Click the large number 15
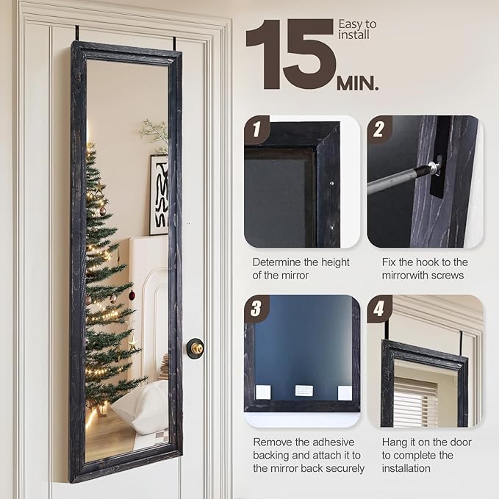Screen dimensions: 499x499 pos(290,54)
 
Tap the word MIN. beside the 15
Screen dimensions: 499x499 pos(358,84)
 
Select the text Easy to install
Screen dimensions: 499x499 pos(357,29)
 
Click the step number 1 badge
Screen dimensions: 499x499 pos(256,129)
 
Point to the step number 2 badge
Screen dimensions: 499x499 pos(379,129)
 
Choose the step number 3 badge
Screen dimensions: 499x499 pos(256,309)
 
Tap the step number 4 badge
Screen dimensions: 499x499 pos(379,309)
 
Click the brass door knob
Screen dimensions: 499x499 pos(195,348)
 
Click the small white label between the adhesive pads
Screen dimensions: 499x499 pos(304,390)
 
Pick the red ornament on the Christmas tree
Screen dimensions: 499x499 pos(132,295)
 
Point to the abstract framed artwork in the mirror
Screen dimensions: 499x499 pos(159,195)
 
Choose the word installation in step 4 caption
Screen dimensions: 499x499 pos(406,468)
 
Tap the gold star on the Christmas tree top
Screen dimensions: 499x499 pos(99,187)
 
